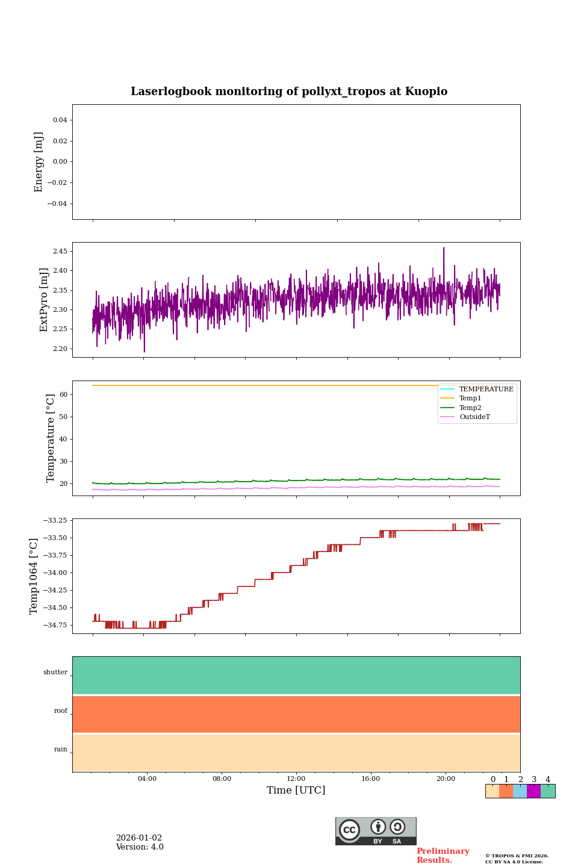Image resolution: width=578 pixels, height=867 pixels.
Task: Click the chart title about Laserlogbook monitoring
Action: coord(289,92)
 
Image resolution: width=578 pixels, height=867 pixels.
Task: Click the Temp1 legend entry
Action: coord(470,399)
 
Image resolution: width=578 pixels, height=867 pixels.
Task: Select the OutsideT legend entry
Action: coord(474,417)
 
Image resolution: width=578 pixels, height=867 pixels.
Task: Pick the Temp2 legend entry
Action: coord(470,408)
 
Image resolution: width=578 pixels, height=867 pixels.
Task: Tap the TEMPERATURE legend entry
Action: coord(486,389)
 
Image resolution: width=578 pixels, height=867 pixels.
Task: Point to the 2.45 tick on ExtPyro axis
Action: coord(60,251)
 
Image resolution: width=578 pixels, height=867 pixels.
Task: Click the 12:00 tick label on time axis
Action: coord(296,779)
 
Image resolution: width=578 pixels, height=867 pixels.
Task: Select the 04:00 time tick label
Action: coord(147,779)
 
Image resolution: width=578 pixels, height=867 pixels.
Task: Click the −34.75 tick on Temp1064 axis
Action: coord(55,626)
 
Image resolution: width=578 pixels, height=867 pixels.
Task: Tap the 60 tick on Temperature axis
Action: coord(63,395)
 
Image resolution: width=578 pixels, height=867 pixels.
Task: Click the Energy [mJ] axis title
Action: coord(39,162)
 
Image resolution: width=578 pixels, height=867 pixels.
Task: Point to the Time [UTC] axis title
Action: coord(296,791)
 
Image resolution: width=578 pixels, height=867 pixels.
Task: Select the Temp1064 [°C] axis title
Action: coord(34,576)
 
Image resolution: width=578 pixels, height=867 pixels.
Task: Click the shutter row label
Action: coord(55,673)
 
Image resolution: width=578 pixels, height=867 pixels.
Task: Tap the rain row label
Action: coord(61,750)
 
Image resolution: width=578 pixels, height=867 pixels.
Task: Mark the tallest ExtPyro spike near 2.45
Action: coord(444,248)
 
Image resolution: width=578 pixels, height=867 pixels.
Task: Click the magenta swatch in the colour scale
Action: coord(533,791)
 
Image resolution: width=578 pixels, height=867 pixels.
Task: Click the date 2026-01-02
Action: coord(139,838)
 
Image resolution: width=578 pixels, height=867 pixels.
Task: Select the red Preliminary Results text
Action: coord(443,856)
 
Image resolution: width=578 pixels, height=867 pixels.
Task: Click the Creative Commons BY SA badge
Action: coord(376,831)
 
